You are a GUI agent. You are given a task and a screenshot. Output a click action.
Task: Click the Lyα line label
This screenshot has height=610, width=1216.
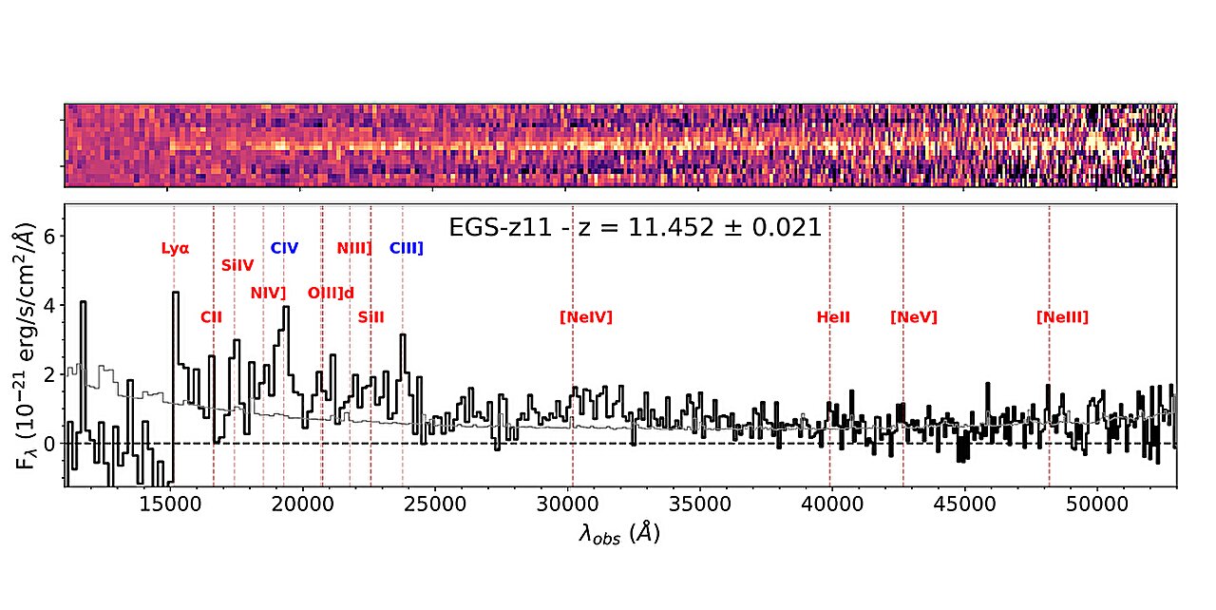point(175,249)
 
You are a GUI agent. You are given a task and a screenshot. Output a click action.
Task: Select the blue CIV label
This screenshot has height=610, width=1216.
point(284,249)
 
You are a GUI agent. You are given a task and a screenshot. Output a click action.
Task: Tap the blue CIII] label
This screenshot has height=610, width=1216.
point(406,249)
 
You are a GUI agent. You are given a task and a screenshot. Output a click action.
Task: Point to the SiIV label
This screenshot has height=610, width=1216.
point(237,266)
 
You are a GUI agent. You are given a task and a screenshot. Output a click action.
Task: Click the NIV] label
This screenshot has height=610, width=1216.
point(268,293)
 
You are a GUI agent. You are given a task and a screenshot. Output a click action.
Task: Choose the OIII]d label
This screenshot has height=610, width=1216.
point(331,293)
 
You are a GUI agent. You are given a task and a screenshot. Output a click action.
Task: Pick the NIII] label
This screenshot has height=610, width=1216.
point(354,249)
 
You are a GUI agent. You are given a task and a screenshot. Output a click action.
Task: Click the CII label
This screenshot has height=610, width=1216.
point(211,317)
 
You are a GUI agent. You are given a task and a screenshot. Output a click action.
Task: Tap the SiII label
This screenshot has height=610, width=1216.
point(370,317)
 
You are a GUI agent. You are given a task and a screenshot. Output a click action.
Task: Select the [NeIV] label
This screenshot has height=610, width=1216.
point(586,317)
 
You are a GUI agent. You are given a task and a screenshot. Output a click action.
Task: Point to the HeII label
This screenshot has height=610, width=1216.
point(833,317)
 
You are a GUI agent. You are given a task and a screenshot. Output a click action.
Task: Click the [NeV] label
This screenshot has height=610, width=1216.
point(913,317)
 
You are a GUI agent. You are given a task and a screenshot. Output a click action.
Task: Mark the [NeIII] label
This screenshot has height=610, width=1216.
point(1062,317)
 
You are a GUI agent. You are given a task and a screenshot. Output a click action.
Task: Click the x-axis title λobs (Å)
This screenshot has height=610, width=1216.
point(618,534)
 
